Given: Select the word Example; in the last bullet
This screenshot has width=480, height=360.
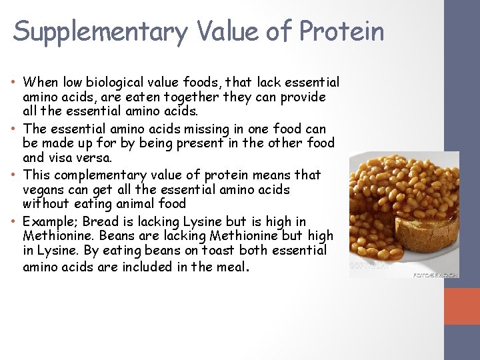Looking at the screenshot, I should click(49, 221).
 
